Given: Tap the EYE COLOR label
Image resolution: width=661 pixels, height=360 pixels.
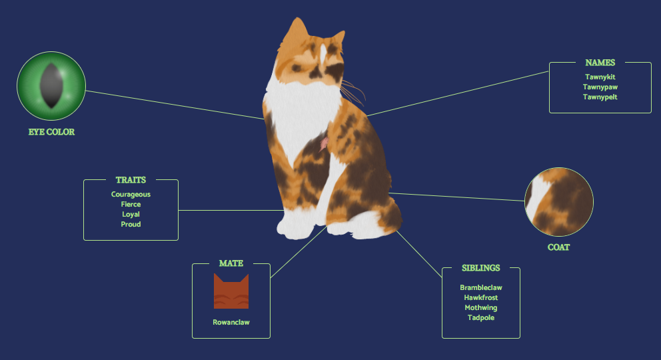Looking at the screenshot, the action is [x=51, y=132].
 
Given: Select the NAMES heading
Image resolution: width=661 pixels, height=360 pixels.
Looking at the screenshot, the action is [x=600, y=63].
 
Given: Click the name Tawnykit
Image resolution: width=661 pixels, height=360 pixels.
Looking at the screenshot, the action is [x=600, y=77].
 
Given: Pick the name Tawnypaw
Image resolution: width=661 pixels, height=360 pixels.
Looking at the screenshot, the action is [x=600, y=87].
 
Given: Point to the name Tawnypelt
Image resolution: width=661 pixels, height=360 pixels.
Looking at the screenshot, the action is [x=600, y=97].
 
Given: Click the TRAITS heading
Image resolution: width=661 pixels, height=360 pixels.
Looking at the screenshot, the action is [x=131, y=180].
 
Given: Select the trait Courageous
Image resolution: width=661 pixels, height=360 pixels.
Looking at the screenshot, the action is [x=131, y=195].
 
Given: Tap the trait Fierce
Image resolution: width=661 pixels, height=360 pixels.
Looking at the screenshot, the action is [x=131, y=205].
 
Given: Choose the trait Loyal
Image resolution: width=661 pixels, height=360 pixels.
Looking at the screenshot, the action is [x=131, y=215].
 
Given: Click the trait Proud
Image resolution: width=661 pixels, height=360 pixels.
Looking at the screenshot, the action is [x=131, y=225].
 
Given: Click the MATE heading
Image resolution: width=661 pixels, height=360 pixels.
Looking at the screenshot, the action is [x=231, y=263].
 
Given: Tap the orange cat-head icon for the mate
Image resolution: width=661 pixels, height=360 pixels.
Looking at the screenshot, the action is [x=231, y=291].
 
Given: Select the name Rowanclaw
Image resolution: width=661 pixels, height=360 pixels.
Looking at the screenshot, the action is [x=231, y=323].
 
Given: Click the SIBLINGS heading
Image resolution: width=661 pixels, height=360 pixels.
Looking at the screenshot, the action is [x=480, y=268].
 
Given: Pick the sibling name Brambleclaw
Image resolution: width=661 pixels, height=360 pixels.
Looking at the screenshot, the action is [x=480, y=288].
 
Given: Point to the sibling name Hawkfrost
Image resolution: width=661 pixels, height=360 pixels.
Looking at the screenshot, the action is [x=480, y=298].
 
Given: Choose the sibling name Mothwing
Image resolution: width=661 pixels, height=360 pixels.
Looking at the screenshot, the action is [x=480, y=308].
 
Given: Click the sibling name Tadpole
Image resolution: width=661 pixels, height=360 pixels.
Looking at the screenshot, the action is [x=480, y=318].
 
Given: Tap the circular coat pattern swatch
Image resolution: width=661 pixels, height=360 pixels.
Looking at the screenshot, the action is [x=558, y=202].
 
